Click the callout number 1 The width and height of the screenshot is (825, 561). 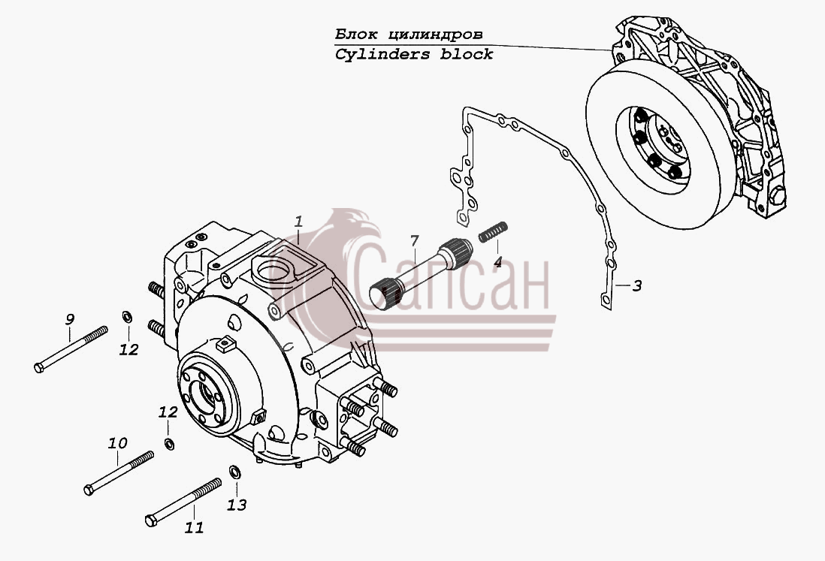point(299,222)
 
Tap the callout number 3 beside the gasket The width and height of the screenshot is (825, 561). point(636,286)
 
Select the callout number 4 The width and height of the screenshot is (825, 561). point(497,261)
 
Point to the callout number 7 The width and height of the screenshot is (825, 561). point(415,241)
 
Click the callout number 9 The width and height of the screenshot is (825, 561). point(69,319)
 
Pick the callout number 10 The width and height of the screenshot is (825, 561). point(117,443)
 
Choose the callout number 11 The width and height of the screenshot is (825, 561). point(194,527)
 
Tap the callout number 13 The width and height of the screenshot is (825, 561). point(237,505)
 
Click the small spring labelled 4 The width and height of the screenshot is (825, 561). point(493,232)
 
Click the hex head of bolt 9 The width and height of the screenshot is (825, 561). point(39,367)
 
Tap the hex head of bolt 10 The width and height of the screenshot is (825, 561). point(89,490)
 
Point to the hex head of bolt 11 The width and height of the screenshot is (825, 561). point(151,521)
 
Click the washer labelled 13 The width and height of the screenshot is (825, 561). point(234,472)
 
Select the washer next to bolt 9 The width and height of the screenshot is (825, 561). point(127,317)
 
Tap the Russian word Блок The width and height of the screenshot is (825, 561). point(356,35)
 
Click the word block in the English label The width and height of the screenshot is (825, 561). point(467,53)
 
